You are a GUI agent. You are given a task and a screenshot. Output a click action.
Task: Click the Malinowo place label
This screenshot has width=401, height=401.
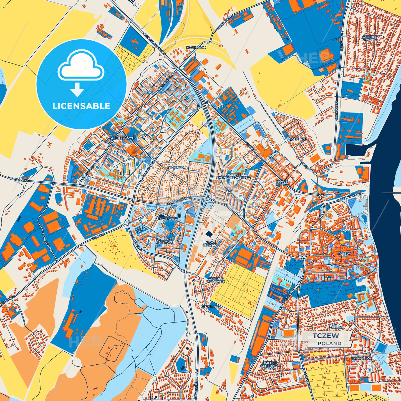tap(196, 47)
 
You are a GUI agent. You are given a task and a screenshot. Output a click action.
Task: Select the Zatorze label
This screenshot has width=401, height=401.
tap(299, 139)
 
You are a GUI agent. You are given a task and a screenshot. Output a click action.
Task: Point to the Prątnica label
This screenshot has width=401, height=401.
tap(176, 168)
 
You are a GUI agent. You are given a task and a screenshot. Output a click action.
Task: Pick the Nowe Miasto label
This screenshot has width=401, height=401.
tap(282, 183)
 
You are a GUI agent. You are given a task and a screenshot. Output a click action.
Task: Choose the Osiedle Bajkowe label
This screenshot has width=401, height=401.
tap(165, 241)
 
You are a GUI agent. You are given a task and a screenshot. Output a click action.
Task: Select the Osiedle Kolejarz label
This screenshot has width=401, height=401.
tap(216, 280)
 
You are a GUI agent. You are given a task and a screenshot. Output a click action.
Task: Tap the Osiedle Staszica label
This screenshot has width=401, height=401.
tap(370, 38)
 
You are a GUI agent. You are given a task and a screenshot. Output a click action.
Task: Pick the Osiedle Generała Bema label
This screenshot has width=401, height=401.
tap(269, 365)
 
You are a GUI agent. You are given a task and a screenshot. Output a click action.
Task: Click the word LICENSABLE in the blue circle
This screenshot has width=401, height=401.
tap(81, 106)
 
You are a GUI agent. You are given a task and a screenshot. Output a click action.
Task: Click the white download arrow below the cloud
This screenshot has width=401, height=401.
tap(77, 89)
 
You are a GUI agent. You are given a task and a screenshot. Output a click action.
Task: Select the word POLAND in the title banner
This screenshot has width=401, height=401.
tap(329, 343)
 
